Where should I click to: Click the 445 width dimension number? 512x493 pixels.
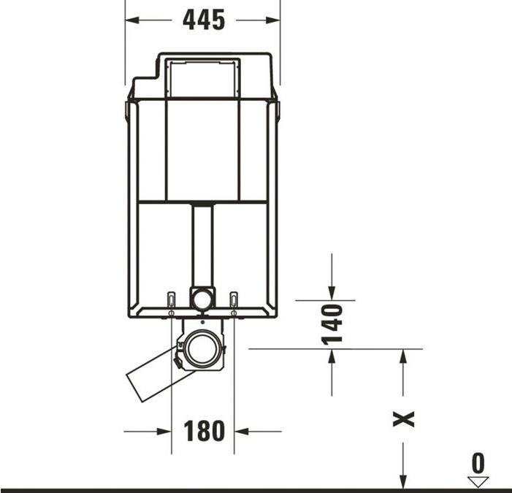pyautogui.click(x=204, y=20)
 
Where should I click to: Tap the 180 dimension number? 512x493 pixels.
pyautogui.click(x=204, y=431)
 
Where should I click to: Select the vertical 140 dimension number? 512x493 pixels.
pyautogui.click(x=332, y=324)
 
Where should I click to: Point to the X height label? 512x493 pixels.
pyautogui.click(x=404, y=419)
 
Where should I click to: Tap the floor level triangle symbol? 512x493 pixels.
pyautogui.click(x=478, y=482)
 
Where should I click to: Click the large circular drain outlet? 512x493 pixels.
pyautogui.click(x=202, y=349)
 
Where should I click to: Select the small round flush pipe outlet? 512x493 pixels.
pyautogui.click(x=202, y=299)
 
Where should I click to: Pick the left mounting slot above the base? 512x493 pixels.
pyautogui.click(x=171, y=299)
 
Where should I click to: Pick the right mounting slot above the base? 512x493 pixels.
pyautogui.click(x=234, y=299)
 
